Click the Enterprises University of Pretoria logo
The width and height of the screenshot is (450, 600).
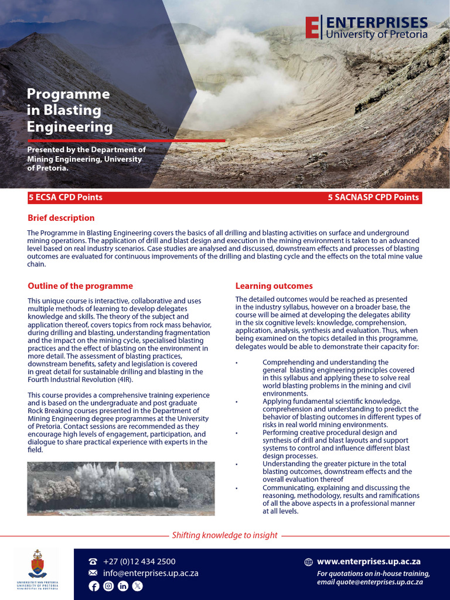pyautogui.click(x=366, y=28)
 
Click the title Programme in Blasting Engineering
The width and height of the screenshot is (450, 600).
pyautogui.click(x=69, y=110)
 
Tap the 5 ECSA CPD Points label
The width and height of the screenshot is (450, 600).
pyautogui.click(x=65, y=197)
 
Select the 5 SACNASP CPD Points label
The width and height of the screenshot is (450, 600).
pyautogui.click(x=373, y=197)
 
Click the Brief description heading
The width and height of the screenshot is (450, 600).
pyautogui.click(x=61, y=218)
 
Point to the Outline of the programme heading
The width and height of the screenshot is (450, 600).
pyautogui.click(x=80, y=286)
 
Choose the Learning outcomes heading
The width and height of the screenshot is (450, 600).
pyautogui.click(x=274, y=286)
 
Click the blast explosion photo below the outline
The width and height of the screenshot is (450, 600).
pyautogui.click(x=121, y=489)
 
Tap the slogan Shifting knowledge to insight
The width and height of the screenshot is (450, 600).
pyautogui.click(x=224, y=535)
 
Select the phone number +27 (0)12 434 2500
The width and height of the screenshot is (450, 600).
pyautogui.click(x=139, y=561)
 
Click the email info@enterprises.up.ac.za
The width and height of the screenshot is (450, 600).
pyautogui.click(x=151, y=573)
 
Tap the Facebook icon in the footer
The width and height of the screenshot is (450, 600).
pyautogui.click(x=94, y=586)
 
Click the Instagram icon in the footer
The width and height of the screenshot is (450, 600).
pyautogui.click(x=108, y=586)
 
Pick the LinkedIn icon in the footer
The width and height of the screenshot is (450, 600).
pyautogui.click(x=123, y=586)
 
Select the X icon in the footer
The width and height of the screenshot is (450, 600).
pyautogui.click(x=138, y=586)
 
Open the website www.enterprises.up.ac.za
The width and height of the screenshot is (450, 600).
pyautogui.click(x=369, y=561)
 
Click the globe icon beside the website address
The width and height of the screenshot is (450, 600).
pyautogui.click(x=309, y=562)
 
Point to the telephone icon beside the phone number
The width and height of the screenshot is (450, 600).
pyautogui.click(x=93, y=562)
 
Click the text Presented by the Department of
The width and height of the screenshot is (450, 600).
pyautogui.click(x=86, y=149)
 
